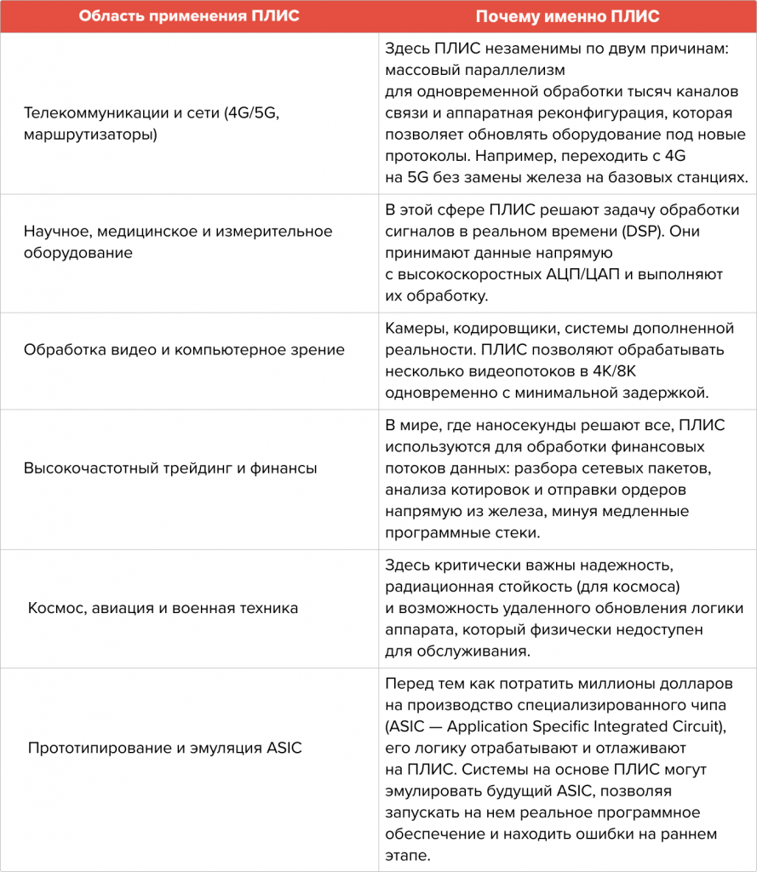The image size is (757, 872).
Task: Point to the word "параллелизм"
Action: [518, 70]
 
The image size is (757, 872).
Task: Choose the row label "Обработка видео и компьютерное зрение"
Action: [184, 350]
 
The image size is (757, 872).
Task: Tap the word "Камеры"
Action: [412, 328]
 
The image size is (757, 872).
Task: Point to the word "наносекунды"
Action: [521, 424]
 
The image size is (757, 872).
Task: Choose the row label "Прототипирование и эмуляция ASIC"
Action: [165, 748]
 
